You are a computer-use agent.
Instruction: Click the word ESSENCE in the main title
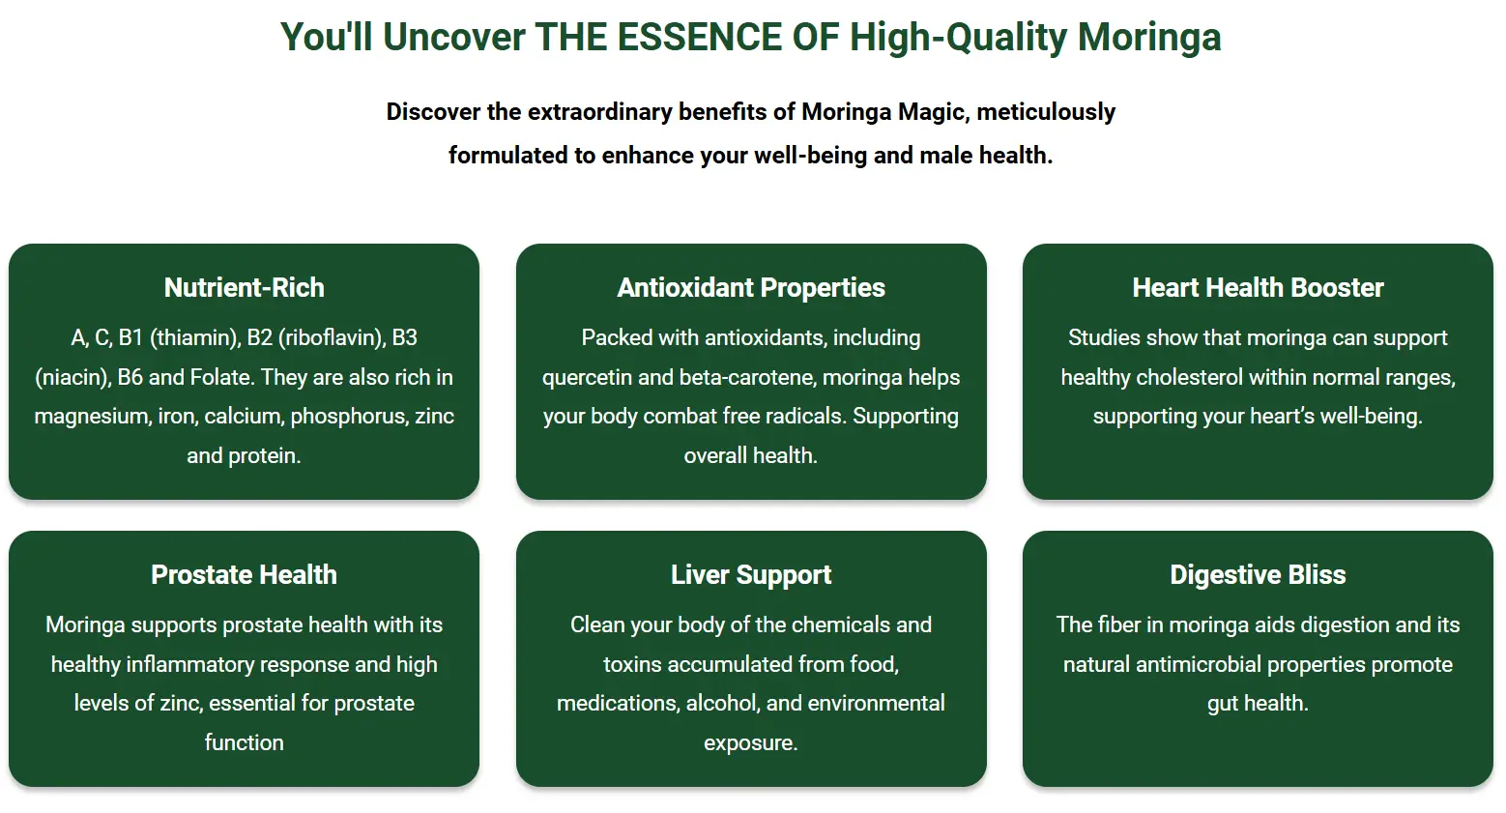699,37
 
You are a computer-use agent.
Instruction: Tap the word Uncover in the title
453,37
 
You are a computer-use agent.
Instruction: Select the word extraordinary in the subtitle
599,112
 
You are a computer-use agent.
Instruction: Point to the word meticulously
1046,112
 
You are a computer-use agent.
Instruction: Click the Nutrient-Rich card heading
244,288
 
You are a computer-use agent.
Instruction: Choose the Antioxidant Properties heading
751,288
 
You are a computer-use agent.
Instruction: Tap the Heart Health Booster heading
1258,288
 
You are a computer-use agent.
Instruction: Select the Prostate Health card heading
244,575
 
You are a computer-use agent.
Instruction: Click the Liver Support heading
751,575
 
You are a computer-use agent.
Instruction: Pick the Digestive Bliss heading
1258,575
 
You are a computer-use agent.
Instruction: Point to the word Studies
1104,337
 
